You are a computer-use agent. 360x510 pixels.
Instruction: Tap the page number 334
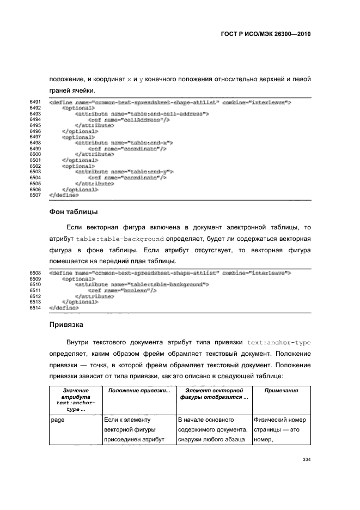coord(306,460)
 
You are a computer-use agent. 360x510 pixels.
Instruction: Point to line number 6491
coord(36,102)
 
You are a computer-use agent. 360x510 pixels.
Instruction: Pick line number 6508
coord(36,272)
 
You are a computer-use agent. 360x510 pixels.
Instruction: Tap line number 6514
coord(36,308)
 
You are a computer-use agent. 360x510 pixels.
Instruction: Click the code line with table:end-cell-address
coord(142,114)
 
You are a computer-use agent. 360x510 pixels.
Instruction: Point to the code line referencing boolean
coord(122,290)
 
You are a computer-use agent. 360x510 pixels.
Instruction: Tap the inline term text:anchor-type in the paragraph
coord(279,343)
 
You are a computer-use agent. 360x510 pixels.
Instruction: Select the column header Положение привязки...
coord(139,391)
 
